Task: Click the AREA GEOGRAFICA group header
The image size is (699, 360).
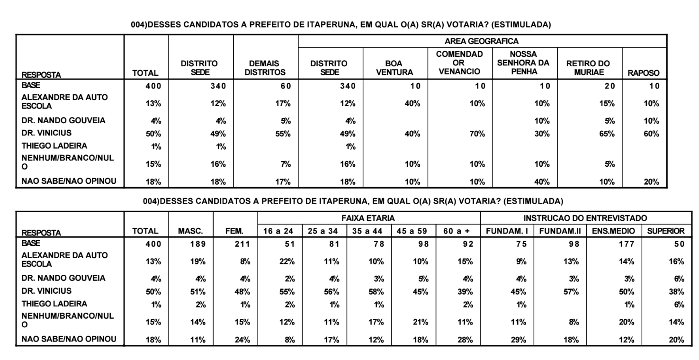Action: tap(482, 41)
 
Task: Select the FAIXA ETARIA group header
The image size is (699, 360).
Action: tap(368, 218)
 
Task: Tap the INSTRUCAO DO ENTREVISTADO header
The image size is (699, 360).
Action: tap(585, 218)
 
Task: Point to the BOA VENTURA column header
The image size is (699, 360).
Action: tap(394, 68)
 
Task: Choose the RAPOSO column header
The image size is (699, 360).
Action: tap(644, 73)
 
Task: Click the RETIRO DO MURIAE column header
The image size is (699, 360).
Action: tap(589, 68)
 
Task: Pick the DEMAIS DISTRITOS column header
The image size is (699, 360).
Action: tap(265, 68)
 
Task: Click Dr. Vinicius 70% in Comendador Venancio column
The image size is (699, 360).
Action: tap(477, 134)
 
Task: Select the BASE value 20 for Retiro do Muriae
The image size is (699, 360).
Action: tap(609, 86)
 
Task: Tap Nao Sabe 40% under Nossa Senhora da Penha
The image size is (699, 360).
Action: tap(542, 182)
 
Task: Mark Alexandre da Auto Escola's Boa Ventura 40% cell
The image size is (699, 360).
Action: tap(412, 104)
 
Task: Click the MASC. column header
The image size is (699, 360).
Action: tap(190, 231)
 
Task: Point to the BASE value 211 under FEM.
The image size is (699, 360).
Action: tap(242, 244)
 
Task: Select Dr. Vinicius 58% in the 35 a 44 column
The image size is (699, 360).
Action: tap(376, 292)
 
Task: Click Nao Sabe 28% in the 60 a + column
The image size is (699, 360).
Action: tap(465, 340)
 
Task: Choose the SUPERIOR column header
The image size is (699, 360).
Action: tap(665, 231)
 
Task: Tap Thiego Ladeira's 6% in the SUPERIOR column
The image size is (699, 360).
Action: tap(679, 305)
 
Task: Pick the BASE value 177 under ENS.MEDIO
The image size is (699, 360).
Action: tap(627, 244)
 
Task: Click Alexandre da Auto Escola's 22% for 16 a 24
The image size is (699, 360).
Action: tap(287, 261)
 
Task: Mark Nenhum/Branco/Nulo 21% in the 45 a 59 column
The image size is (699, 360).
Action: tap(421, 322)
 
